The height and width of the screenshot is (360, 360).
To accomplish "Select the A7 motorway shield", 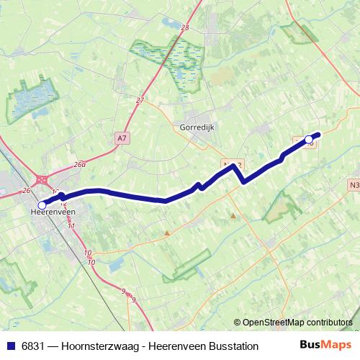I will [121, 135].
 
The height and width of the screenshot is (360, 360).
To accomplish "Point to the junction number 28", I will [185, 27].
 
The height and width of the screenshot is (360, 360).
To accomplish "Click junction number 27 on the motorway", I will [140, 101].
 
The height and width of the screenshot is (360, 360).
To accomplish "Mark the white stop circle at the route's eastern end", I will [309, 139].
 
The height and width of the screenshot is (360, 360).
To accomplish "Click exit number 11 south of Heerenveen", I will [71, 226].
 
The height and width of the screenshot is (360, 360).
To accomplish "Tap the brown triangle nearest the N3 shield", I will [233, 215].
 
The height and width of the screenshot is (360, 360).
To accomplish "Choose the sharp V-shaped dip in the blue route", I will [245, 181].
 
